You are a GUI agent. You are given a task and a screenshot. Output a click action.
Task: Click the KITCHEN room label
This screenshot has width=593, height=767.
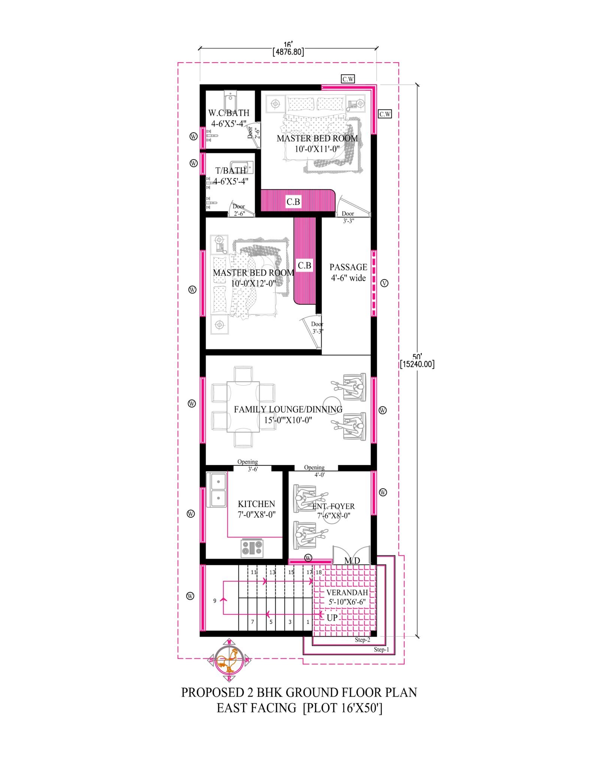pos(256,504)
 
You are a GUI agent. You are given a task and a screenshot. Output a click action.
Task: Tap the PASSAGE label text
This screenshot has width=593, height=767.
pos(348,267)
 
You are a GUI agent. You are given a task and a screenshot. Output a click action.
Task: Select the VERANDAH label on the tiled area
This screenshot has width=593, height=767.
pos(347,592)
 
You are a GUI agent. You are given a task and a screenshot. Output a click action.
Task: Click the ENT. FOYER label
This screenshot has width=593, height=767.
pos(333,506)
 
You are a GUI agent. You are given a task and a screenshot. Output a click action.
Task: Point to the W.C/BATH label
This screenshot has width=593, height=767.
pos(229,113)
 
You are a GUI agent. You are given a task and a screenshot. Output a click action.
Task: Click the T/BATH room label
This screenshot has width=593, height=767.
pos(230,171)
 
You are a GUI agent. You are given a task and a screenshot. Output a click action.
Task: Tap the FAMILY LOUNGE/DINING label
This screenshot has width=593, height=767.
pos(288,409)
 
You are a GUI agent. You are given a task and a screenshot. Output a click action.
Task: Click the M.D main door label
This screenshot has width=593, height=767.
pos(352,561)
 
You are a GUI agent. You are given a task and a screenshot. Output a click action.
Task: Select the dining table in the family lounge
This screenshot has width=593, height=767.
pos(243,407)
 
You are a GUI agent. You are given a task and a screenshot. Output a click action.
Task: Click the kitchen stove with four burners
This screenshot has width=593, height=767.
pos(252,548)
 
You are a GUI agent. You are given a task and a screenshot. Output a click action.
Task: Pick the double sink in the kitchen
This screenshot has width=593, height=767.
pos(218,490)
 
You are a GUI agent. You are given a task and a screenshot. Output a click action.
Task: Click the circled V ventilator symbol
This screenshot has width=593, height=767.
pos(384,283)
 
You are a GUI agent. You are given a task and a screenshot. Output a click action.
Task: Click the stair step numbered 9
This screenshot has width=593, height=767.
pos(215,601)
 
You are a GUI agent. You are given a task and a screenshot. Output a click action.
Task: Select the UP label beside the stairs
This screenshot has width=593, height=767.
pos(332,618)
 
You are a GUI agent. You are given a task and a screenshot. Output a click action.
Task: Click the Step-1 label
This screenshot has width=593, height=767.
pos(381,649)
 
